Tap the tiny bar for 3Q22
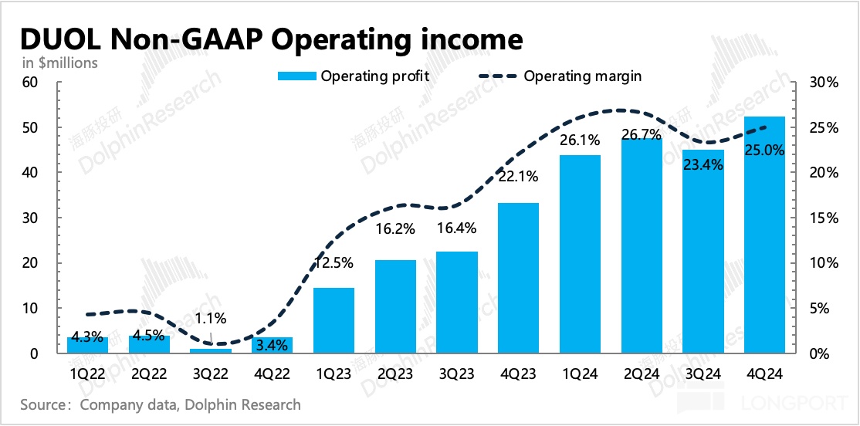point(211,351)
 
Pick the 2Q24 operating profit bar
point(641,247)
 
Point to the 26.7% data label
point(641,135)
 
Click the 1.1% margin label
point(211,317)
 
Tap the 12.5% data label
point(334,262)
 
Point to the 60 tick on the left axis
point(30,83)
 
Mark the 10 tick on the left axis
point(30,309)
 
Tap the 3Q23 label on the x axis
point(456,374)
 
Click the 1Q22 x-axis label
point(88,374)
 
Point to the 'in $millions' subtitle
point(59,63)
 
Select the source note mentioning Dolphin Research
point(161,404)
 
